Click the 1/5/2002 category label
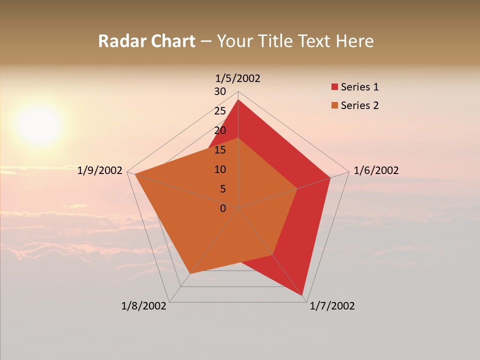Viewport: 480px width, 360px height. (x=237, y=78)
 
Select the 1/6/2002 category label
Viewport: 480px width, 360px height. (x=376, y=170)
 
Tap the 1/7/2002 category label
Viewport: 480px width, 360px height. (x=332, y=306)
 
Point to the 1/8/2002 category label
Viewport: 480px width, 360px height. (x=144, y=306)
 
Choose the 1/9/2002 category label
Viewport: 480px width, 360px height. (x=100, y=170)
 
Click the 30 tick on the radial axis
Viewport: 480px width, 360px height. (x=220, y=91)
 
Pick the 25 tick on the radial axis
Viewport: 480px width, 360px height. (x=220, y=111)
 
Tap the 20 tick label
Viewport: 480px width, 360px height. (x=220, y=130)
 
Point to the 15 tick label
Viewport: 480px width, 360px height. (x=220, y=150)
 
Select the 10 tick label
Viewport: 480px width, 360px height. (x=220, y=169)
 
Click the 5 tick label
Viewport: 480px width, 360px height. (x=222, y=189)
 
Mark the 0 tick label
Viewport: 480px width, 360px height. (x=223, y=208)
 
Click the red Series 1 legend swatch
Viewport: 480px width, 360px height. (x=334, y=87)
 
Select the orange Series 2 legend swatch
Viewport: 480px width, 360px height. (x=334, y=105)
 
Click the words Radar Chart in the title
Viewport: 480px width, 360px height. (x=146, y=41)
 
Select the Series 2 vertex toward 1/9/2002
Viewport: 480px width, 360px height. (x=135, y=174)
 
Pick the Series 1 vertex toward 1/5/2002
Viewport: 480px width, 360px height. (x=238, y=99)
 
